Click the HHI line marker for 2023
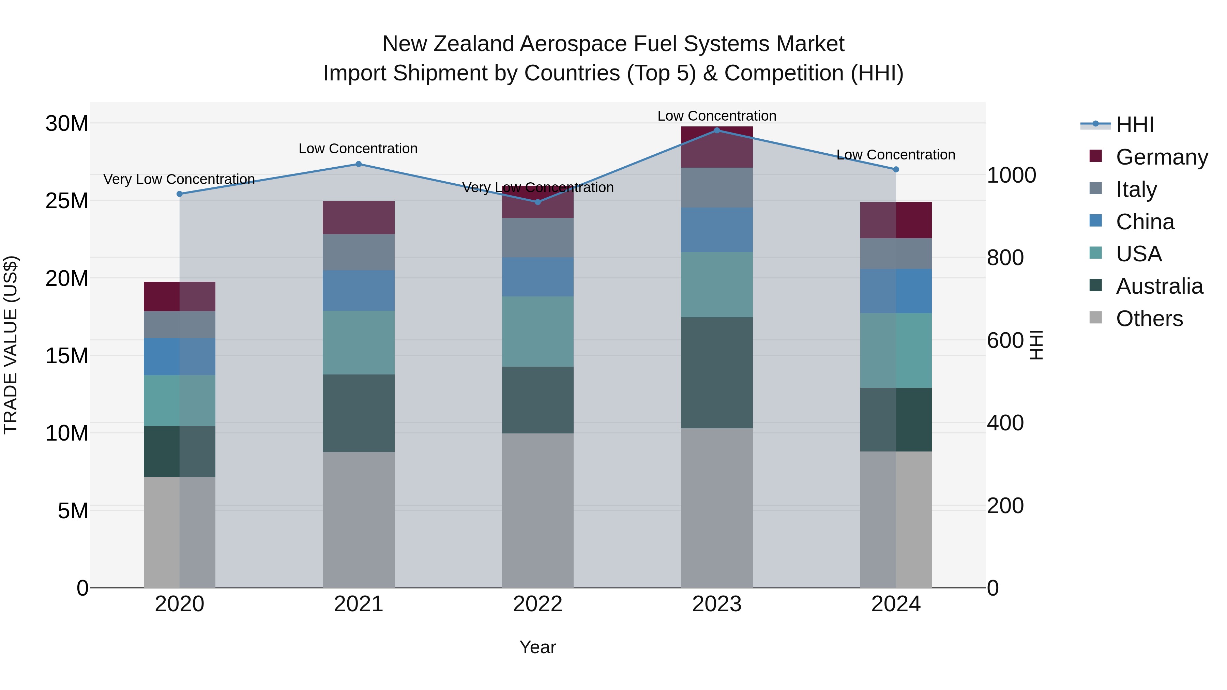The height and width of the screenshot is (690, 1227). (x=717, y=131)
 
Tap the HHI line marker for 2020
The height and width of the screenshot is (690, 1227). (x=180, y=194)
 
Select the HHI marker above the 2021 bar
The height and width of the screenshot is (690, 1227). (x=359, y=164)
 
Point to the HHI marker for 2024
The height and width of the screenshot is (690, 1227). (x=896, y=170)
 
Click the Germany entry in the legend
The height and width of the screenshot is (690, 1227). (x=1161, y=157)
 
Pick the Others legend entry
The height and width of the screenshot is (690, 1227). (x=1149, y=319)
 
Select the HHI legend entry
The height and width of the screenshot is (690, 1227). (x=1135, y=125)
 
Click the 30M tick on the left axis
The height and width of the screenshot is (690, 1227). (x=67, y=124)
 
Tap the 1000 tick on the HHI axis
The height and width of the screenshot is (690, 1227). (x=1011, y=175)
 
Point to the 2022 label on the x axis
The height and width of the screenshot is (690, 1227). (x=538, y=604)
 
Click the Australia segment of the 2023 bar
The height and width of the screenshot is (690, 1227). (x=717, y=373)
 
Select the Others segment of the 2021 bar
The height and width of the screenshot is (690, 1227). (x=359, y=520)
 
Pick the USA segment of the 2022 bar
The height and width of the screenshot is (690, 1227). (x=538, y=332)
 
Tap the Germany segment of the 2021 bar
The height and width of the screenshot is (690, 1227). (x=359, y=218)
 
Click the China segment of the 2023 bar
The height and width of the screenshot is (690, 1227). (x=717, y=230)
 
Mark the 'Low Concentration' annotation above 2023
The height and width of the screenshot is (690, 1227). (x=717, y=116)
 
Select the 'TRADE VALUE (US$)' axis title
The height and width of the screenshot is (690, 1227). (x=11, y=345)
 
